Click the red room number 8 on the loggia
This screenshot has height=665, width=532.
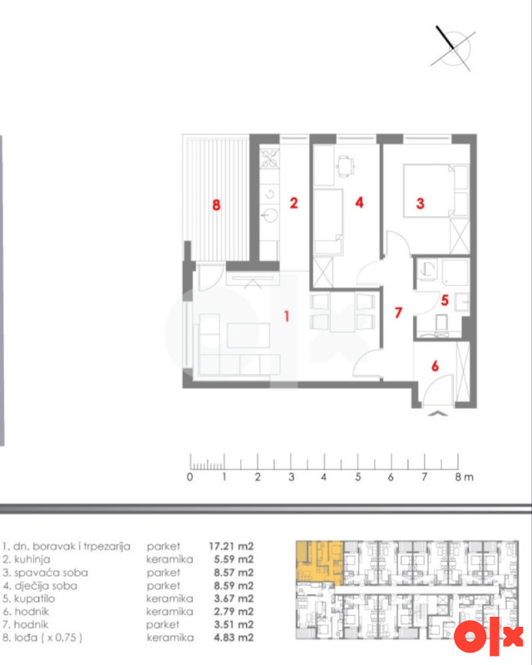coord(216,205)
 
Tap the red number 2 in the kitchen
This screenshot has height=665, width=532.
coord(293,203)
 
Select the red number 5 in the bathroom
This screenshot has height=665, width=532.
coord(445,300)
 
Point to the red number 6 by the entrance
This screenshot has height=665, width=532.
coord(435,366)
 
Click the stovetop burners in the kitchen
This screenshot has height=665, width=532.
coord(269,159)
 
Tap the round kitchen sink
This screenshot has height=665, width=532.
coord(269,215)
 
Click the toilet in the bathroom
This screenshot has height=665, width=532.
coord(441,323)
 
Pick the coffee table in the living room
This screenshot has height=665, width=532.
coord(249,336)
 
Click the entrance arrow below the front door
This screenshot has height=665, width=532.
coord(438,413)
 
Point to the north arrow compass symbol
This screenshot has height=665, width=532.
coord(453,48)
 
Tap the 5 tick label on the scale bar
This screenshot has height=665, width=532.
coord(357,477)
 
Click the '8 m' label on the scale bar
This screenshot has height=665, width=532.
coord(464,477)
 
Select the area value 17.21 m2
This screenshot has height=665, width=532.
coord(231,546)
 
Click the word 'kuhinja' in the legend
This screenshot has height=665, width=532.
coord(32,559)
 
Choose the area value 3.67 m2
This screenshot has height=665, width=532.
coord(234,598)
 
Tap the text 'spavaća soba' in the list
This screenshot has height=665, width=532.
coord(51,573)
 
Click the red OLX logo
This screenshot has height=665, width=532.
coord(488,637)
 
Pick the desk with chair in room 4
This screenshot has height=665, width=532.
coord(346,165)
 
